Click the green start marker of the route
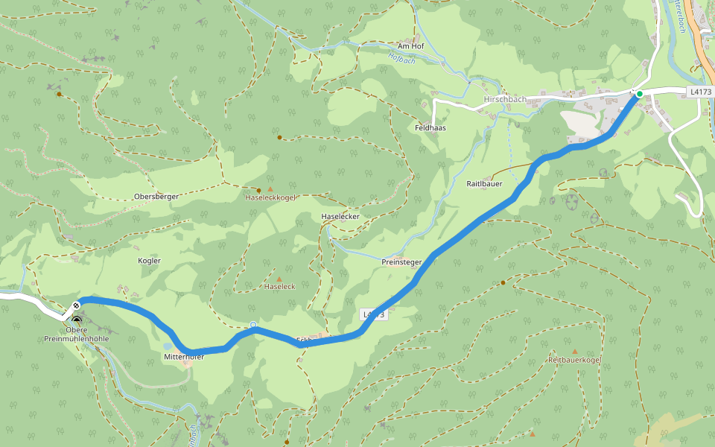click(639, 94)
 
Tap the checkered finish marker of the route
click(76, 306)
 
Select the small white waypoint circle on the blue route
click(253, 325)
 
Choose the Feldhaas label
click(430, 128)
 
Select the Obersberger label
click(156, 197)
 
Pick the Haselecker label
click(340, 217)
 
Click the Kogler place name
click(149, 261)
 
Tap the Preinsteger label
click(401, 262)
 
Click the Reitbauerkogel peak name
click(574, 360)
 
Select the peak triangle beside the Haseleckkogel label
click(270, 189)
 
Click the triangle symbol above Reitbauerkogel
click(574, 352)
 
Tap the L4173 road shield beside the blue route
click(375, 314)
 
